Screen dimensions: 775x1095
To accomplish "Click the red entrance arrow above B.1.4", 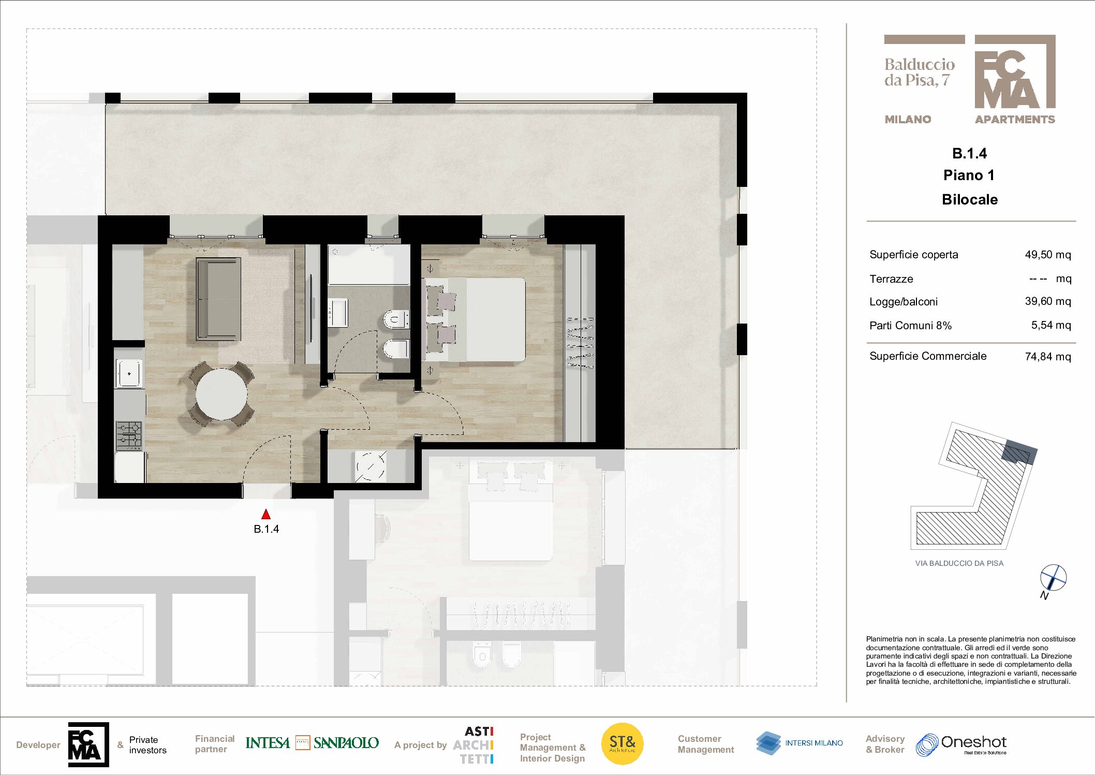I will tap(266, 514).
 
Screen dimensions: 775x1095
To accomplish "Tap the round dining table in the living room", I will tap(221, 394).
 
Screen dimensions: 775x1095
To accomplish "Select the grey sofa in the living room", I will tap(218, 299).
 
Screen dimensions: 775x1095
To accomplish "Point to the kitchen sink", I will tap(128, 373).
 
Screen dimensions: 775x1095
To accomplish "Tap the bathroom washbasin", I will tap(337, 313).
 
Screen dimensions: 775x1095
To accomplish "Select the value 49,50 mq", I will tap(1047, 255).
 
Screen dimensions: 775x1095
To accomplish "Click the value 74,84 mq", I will tap(1047, 357).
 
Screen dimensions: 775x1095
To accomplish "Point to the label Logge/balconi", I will tap(903, 302).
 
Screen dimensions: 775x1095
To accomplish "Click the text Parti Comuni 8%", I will tap(910, 326).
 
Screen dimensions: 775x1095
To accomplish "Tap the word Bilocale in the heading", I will tap(969, 200).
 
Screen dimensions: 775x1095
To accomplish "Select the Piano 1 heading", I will tap(969, 176).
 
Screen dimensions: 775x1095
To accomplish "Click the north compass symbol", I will tap(1053, 578).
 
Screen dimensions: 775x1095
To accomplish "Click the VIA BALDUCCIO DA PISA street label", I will tap(959, 563).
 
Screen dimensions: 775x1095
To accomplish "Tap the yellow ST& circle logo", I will tap(622, 743).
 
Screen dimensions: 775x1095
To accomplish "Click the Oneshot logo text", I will tap(973, 742).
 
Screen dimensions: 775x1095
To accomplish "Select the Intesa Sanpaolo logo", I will tap(312, 743).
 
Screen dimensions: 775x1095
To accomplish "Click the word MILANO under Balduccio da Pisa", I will tap(908, 120).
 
